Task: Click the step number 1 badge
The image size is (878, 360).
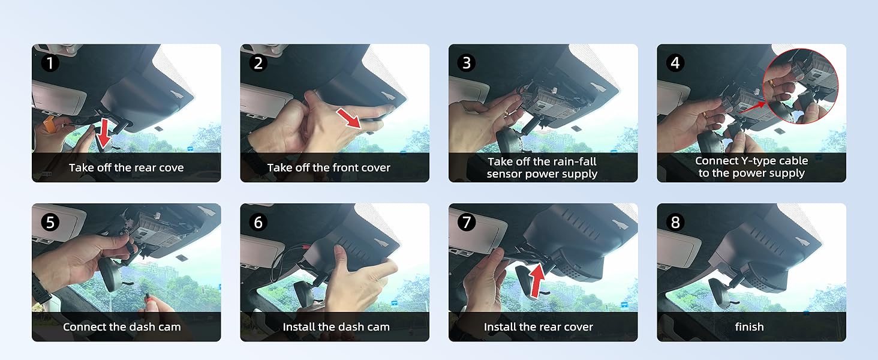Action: coord(50,63)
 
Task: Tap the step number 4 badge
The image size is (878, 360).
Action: coord(675,63)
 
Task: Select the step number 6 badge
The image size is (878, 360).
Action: coord(258,223)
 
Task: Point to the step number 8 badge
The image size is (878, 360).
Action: coord(675,223)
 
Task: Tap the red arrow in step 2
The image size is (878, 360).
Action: coord(349,118)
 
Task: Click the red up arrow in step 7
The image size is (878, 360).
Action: coord(537,280)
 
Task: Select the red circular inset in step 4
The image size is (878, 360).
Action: coord(801,86)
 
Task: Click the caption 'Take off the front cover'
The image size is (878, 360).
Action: coord(329,167)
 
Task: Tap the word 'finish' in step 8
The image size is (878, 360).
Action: coord(749,326)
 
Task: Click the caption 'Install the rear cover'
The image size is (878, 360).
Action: coord(538,326)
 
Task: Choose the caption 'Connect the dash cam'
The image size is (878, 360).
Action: coord(122,326)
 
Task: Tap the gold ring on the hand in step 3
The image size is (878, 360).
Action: coord(507,113)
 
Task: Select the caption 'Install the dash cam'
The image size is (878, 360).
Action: coord(336,326)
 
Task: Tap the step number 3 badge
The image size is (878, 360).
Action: coord(467,63)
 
